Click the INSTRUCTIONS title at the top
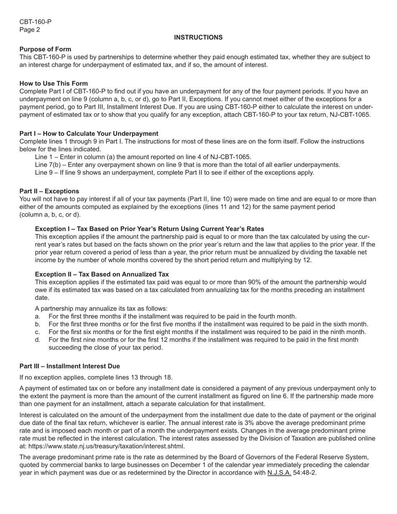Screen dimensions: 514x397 [198, 38]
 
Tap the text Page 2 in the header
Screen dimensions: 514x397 [30, 30]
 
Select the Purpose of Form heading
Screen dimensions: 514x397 [45, 49]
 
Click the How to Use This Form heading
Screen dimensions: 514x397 [53, 83]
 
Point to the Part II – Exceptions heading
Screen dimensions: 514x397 [49, 191]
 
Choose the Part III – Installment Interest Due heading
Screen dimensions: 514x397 [69, 366]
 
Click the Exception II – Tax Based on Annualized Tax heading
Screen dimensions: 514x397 [102, 274]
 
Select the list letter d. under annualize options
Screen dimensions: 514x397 [38, 340]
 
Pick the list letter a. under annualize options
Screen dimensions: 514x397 [38, 316]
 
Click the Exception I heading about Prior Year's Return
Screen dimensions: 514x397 [149, 229]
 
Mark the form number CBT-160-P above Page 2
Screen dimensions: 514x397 [36, 22]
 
